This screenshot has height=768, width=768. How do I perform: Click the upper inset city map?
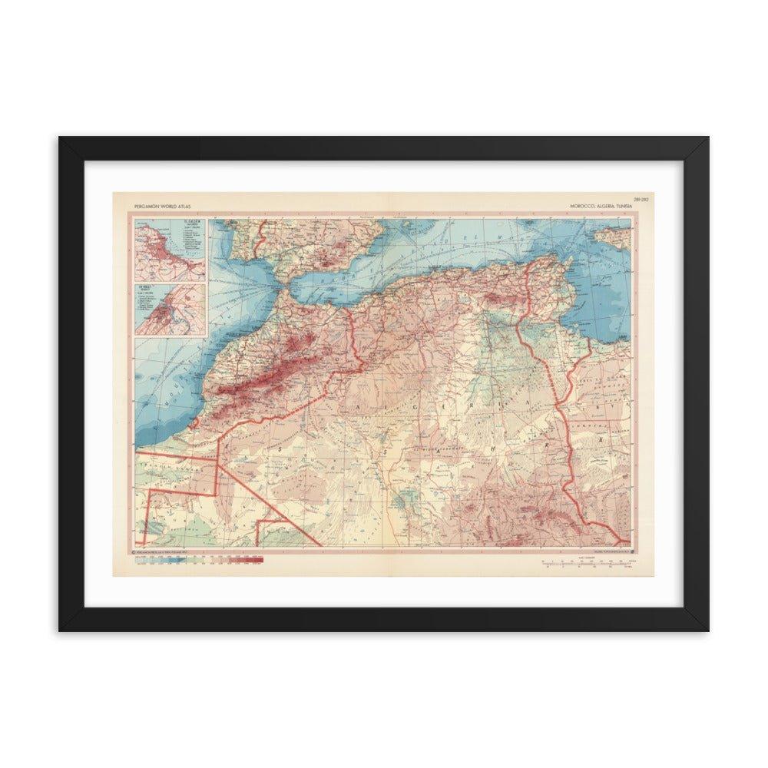coord(169,250)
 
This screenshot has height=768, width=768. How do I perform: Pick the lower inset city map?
coord(169,309)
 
